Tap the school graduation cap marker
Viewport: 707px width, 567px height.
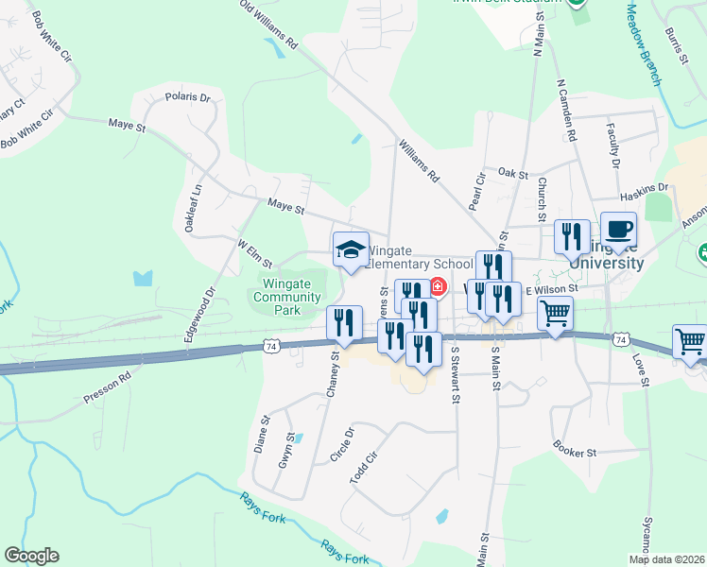coord(351,250)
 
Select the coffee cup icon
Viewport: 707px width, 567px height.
coord(618,230)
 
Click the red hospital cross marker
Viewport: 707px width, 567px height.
coord(439,286)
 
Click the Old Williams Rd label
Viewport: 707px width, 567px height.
coord(269,25)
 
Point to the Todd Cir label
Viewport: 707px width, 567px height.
coord(363,468)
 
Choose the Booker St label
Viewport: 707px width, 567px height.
coord(576,453)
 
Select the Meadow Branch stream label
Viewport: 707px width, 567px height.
coord(643,44)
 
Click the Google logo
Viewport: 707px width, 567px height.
coord(31,556)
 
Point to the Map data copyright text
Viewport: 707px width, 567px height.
coord(666,559)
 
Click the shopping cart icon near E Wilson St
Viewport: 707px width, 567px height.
coord(555,313)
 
